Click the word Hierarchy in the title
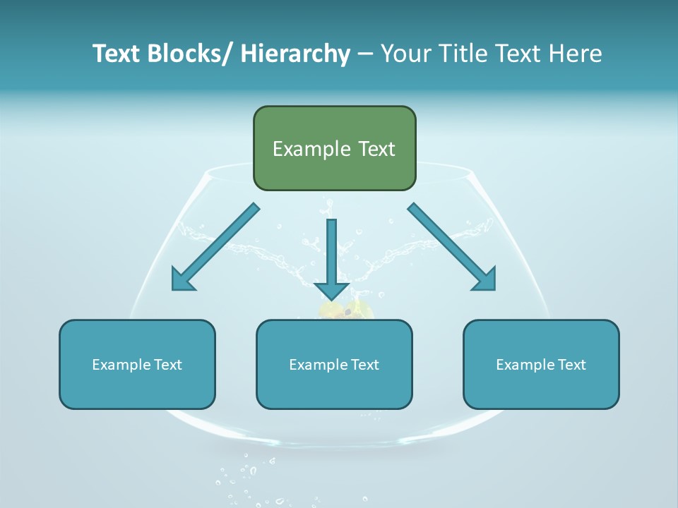[295, 54]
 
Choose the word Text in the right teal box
[572, 365]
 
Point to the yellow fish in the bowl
[346, 310]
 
